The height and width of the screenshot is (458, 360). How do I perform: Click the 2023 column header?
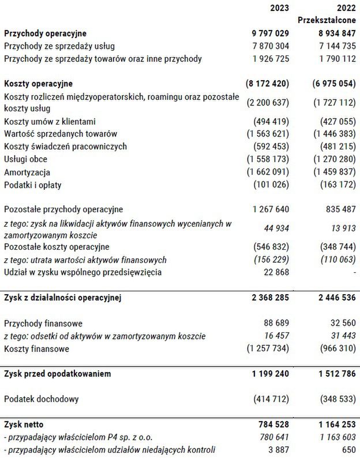coord(280,7)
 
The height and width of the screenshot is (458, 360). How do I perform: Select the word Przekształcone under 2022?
coord(327,20)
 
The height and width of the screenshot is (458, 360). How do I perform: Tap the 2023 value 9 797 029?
coord(269,33)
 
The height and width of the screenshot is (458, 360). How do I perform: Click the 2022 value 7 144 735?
coord(333,46)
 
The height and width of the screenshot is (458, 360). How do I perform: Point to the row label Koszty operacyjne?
coord(38,84)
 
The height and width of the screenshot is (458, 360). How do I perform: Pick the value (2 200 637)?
coord(268,103)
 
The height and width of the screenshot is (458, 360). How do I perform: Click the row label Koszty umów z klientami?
coord(50,121)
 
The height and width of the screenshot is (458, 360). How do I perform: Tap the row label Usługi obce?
coord(25,159)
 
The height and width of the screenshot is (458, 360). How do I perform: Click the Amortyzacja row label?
coord(27,172)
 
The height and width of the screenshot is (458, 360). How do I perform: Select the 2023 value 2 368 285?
coord(269,298)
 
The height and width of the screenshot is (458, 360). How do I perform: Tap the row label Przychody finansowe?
coord(43,323)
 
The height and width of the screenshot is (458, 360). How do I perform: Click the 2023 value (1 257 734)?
coord(268,348)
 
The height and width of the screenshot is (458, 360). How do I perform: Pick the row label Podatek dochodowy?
coord(42,399)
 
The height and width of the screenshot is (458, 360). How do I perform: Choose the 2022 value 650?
coord(348,449)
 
